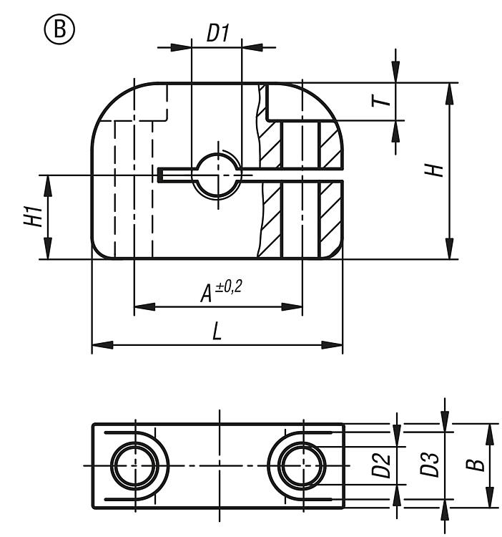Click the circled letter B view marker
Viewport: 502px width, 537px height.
pyautogui.click(x=59, y=29)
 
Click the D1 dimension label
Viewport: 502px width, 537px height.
pyautogui.click(x=217, y=33)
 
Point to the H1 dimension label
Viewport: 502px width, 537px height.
pyautogui.click(x=33, y=216)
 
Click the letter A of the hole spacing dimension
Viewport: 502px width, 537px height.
pyautogui.click(x=207, y=294)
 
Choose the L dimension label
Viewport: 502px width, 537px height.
pyautogui.click(x=217, y=332)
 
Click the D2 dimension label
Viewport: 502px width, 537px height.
pyautogui.click(x=381, y=465)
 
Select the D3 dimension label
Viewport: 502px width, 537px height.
pyautogui.click(x=429, y=465)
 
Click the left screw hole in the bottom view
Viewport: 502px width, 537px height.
pyautogui.click(x=135, y=465)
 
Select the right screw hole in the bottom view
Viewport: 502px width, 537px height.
pyautogui.click(x=302, y=465)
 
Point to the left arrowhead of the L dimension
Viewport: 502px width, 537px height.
pyautogui.click(x=102, y=345)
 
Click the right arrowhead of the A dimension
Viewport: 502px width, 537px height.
pyautogui.click(x=292, y=306)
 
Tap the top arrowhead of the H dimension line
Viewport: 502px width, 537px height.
pyautogui.click(x=450, y=94)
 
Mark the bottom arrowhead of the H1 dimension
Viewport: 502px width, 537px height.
pyautogui.click(x=48, y=248)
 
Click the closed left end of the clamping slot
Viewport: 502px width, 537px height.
pyautogui.click(x=159, y=175)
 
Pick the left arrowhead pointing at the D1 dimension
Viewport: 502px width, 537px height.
pyautogui.click(x=181, y=47)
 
